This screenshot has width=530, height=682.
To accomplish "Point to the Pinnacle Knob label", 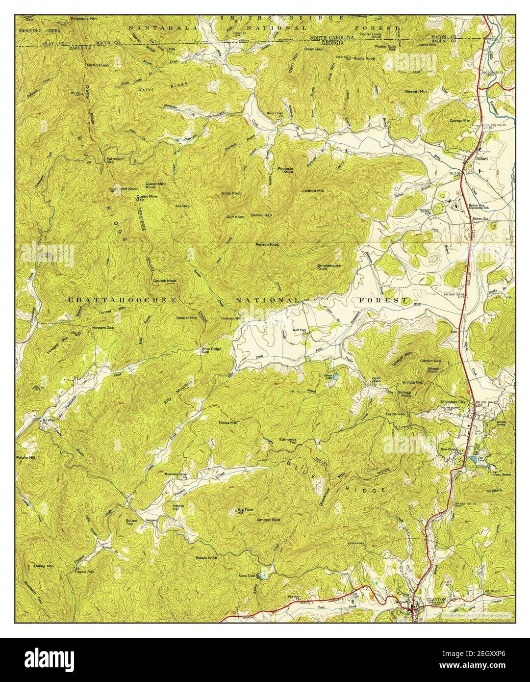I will point(285,170).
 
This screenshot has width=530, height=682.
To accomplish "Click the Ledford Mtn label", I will point(313,191).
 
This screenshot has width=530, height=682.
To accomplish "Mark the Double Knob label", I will point(165,281).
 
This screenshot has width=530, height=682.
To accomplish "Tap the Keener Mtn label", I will point(186,318).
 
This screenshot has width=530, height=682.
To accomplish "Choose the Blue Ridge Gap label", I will point(212,351).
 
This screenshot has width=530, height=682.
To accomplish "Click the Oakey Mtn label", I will point(44,566).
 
